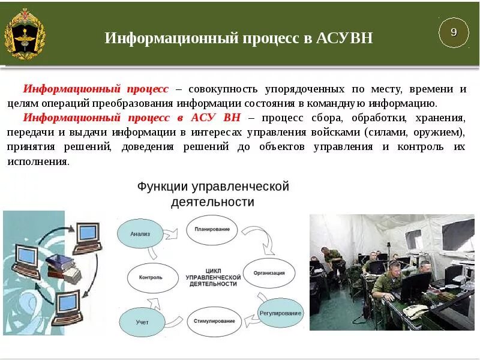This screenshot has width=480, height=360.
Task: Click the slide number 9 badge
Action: (x=454, y=32)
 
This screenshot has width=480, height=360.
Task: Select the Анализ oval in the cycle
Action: (x=142, y=233)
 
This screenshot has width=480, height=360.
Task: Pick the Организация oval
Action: (x=269, y=272)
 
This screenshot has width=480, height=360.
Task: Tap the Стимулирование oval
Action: (x=214, y=321)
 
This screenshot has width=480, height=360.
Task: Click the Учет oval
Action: (x=142, y=322)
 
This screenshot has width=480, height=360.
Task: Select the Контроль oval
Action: (x=151, y=278)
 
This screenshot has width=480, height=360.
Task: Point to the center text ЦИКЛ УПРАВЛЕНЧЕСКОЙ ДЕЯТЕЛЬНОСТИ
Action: (x=213, y=278)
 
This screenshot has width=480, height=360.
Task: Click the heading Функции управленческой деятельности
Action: (x=213, y=194)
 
